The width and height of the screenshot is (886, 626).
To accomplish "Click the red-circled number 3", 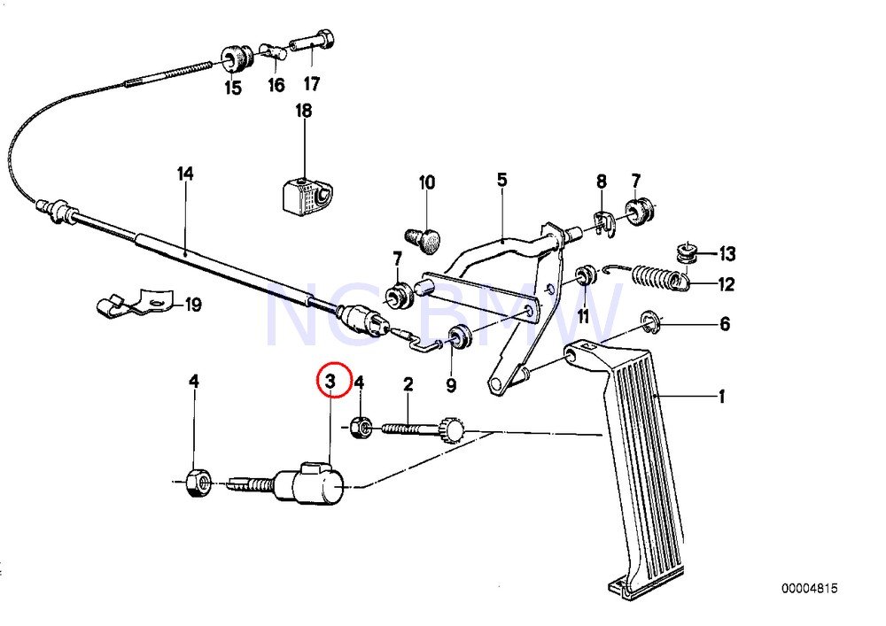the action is [331, 381].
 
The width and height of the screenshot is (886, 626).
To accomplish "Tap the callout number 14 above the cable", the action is [185, 174].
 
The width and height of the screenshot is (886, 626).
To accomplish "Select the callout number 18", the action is [303, 111].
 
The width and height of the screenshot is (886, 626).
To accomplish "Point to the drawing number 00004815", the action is [810, 589].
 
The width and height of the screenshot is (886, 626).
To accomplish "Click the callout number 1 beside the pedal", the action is [721, 398].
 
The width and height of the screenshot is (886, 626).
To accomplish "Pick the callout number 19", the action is [193, 305].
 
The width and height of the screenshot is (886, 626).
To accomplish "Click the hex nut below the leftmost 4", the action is [198, 483].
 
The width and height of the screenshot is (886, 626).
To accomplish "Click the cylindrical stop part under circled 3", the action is [309, 483].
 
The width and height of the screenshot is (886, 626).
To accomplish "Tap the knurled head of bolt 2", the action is [453, 430].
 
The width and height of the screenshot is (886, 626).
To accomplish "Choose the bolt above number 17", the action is [312, 44].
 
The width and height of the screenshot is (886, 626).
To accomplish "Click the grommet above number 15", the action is [237, 58].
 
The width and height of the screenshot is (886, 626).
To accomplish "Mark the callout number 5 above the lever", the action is [501, 180].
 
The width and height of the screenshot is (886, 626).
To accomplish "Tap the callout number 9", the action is [451, 385].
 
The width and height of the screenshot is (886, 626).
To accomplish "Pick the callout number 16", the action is [276, 85].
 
